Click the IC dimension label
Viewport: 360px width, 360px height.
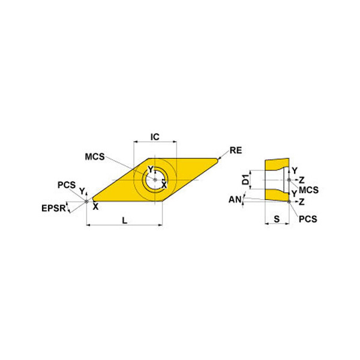click(x=155, y=137)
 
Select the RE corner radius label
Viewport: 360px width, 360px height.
click(x=236, y=151)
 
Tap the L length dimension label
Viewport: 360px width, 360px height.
click(x=124, y=221)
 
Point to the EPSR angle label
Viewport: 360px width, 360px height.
click(x=53, y=208)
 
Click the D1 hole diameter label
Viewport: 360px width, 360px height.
click(x=245, y=179)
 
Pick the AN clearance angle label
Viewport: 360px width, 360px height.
click(x=235, y=199)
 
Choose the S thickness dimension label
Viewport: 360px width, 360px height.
click(x=277, y=219)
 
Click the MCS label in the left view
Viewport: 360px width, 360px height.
click(x=95, y=157)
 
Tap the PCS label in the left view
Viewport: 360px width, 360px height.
click(x=67, y=185)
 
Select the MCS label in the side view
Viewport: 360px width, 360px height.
click(x=308, y=190)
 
